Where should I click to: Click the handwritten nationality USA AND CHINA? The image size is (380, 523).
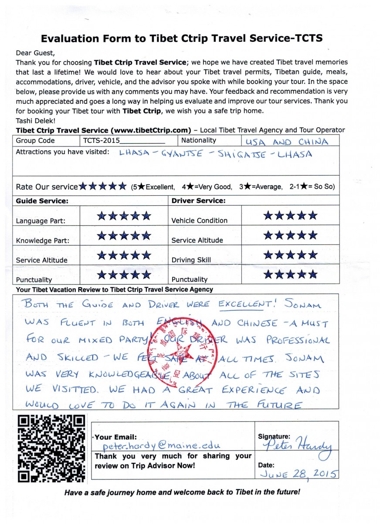coord(286,142)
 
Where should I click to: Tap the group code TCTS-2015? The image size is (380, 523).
coord(101,141)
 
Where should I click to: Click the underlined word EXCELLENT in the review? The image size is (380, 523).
coord(246,305)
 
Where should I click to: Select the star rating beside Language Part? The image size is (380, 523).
coord(124,216)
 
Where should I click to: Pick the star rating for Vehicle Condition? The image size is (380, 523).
coord(291,215)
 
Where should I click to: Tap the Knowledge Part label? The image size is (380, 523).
coord(43,241)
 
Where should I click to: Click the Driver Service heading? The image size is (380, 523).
coord(198,201)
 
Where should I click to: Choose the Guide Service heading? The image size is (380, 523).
coord(42,201)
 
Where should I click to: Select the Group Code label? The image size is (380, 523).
coord(35,141)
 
